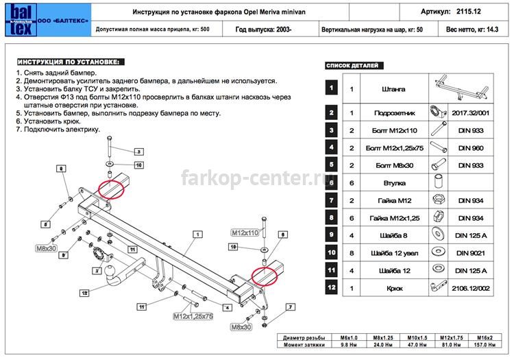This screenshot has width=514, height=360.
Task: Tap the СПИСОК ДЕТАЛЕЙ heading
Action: click(x=352, y=66)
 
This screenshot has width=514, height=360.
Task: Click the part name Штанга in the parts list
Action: click(x=391, y=89)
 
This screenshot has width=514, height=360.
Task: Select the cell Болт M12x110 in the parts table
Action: click(x=391, y=130)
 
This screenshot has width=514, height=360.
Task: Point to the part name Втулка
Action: click(x=391, y=183)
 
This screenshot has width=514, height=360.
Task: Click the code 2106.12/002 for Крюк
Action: click(x=472, y=288)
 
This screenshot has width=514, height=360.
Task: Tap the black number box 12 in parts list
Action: click(x=332, y=288)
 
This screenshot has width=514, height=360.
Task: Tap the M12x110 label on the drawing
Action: click(x=245, y=233)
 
